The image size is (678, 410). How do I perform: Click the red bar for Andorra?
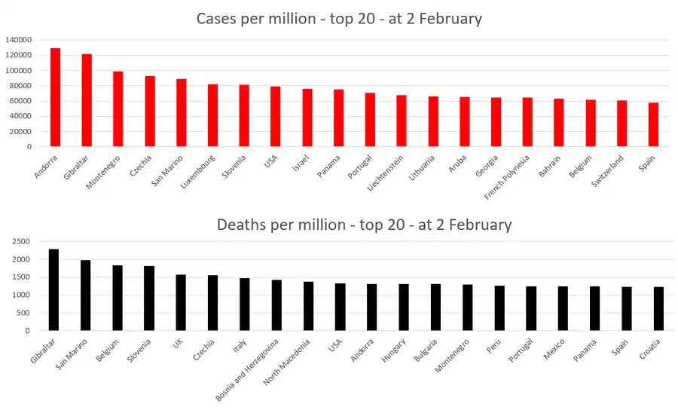[x=55, y=97]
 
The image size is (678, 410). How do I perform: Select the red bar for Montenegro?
[x=118, y=109]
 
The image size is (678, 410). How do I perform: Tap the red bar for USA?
[x=276, y=117]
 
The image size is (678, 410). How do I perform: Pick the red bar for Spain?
[x=653, y=125]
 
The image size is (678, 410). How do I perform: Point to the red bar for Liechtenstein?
[x=402, y=121]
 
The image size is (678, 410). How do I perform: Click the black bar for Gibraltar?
[x=53, y=290]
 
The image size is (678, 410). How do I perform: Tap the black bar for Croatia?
[x=658, y=309]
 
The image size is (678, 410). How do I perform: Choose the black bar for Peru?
[x=499, y=308]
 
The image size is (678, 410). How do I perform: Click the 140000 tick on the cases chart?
[x=17, y=40]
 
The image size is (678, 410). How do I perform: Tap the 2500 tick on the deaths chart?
[x=20, y=241]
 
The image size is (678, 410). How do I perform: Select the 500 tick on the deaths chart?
[x=23, y=313]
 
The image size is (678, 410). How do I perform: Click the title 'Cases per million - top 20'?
[x=338, y=19]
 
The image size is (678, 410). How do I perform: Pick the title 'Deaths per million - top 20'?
[x=364, y=225]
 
